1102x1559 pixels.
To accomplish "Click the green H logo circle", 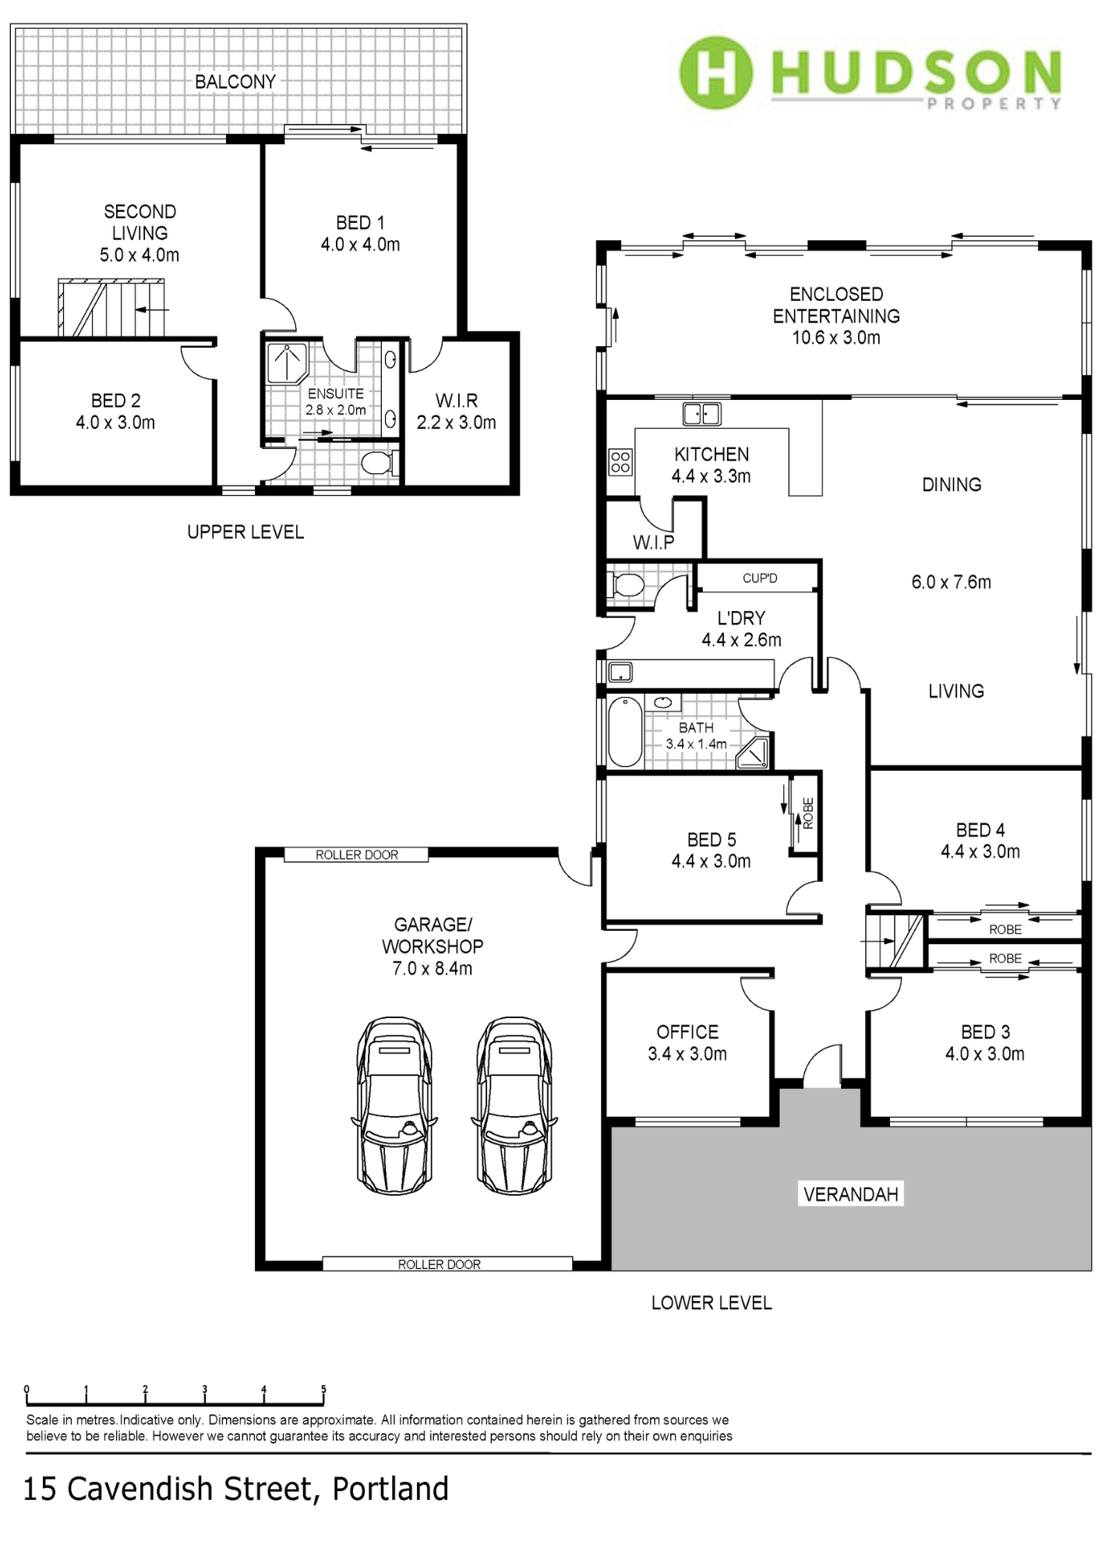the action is point(715,72).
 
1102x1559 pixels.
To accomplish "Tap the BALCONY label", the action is point(235,82).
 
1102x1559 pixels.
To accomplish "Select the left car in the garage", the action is point(394,1105).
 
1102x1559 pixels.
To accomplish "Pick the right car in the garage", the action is point(514,1105).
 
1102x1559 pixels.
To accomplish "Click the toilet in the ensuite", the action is point(379,463).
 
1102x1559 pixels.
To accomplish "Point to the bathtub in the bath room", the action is point(624,732).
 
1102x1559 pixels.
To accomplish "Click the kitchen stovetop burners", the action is point(620,461).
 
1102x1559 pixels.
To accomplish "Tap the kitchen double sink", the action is point(701,413).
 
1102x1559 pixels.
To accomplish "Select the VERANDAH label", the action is point(850,1194).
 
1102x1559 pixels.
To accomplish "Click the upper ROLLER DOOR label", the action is point(357,855).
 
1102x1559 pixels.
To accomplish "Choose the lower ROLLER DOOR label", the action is point(440,1264).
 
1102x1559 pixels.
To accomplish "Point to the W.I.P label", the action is point(653,543).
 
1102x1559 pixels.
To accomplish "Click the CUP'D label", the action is point(760,578).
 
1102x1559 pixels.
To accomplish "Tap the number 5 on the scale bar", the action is point(323,1389).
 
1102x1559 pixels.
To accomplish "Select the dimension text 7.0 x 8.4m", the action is point(433,968).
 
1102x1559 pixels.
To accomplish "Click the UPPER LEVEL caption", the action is point(245,532).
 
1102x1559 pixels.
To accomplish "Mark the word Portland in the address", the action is point(390,1489).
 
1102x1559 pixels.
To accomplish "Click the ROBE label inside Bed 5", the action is point(808,813).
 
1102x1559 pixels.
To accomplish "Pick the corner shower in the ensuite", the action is point(288,363).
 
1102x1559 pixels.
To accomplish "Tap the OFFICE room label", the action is point(687,1032).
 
